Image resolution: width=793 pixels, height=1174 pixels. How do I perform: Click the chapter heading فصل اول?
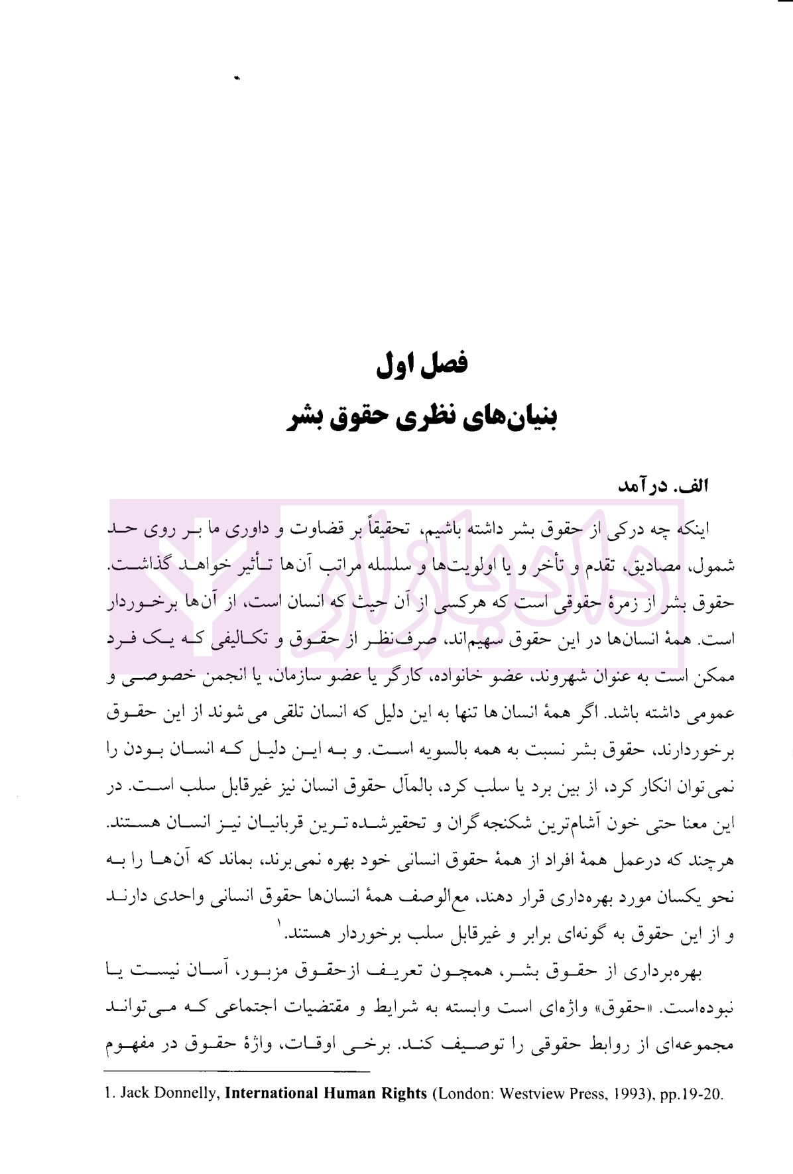pos(422,364)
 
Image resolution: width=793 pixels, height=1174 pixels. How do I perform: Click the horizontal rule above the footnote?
pos(237,1070)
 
